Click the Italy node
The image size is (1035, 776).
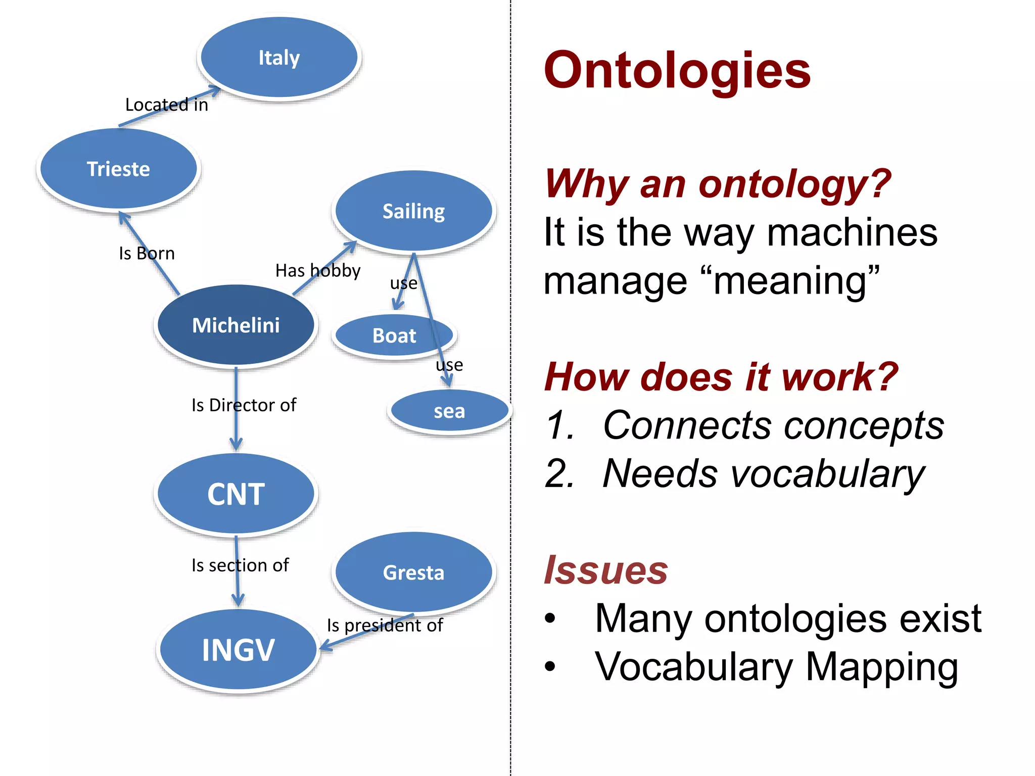[279, 58]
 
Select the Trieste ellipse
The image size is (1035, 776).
[118, 169]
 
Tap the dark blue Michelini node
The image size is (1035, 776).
[236, 325]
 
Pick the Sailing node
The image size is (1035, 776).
[413, 211]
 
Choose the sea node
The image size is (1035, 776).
[449, 411]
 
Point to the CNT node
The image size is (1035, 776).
[236, 494]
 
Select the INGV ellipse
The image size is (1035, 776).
[238, 650]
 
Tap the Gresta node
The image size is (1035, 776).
[413, 572]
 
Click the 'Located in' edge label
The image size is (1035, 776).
[166, 105]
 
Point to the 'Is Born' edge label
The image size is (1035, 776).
[147, 253]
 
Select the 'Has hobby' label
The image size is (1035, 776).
[318, 271]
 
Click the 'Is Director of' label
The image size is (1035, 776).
[244, 405]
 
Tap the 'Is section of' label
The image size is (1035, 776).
[240, 565]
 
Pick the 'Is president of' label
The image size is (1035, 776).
[385, 625]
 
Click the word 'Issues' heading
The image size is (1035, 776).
[606, 570]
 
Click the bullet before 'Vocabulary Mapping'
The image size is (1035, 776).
[550, 666]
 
